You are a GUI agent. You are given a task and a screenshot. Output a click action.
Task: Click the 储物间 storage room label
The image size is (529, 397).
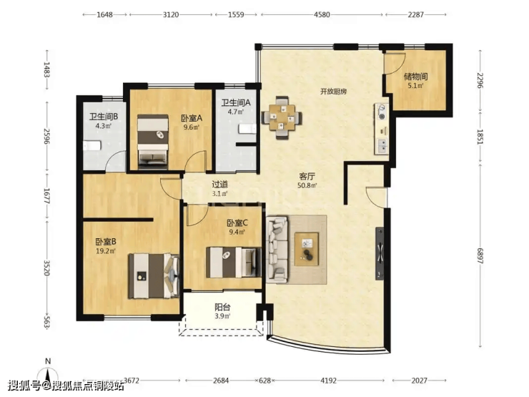coord(415,77)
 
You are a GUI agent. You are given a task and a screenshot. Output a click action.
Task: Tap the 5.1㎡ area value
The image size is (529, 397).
coord(415,86)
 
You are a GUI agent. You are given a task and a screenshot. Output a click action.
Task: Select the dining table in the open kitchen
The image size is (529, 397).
coord(282,117)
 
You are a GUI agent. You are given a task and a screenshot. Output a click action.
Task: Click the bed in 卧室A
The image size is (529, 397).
coord(153,142)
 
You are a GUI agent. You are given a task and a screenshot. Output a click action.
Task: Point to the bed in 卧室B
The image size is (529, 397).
coord(154,276)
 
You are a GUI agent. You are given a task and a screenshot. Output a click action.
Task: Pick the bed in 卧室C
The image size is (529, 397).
coord(234,263)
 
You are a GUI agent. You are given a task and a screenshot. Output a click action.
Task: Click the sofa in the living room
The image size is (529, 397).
coord(277,250)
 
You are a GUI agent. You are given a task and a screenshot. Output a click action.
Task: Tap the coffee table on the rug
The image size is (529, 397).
coord(307,249)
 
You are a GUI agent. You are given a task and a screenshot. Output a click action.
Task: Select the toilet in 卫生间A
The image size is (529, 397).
coord(247,129)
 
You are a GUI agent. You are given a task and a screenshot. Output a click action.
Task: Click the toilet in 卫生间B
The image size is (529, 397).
coord(92,146)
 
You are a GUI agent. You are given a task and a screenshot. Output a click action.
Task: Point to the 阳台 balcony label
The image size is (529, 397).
coord(222,307)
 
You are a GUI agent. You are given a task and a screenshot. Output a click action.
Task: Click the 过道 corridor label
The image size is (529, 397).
coord(219,185)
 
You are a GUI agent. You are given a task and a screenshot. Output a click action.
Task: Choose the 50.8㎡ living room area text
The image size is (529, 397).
coord(307,186)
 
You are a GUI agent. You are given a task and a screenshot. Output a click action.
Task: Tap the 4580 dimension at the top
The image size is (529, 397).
coord(322,14)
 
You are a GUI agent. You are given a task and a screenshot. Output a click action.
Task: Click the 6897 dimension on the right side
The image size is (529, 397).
coord(480,256)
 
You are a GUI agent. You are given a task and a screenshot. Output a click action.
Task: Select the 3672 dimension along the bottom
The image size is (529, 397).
coord(132,381)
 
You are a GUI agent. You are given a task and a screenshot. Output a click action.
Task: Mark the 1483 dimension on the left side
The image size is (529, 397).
coord(47,70)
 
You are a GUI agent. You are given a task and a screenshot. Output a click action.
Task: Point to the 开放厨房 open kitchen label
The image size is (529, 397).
coord(334,92)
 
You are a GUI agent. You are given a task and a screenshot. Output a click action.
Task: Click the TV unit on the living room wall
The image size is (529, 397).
coord(380,253)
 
